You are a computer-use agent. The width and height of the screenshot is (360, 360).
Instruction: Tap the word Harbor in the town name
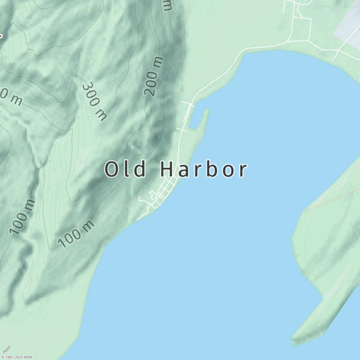click(x=203, y=170)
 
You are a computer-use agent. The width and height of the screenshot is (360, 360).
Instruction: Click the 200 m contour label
click(x=153, y=76)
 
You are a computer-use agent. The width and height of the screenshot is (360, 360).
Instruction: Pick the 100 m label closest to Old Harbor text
click(x=76, y=234)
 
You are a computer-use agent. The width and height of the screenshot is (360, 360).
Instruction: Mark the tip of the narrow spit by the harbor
click(x=207, y=110)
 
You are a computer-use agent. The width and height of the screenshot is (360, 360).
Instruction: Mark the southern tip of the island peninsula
click(x=295, y=340)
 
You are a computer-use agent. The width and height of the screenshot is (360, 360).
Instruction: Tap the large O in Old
click(x=112, y=170)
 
